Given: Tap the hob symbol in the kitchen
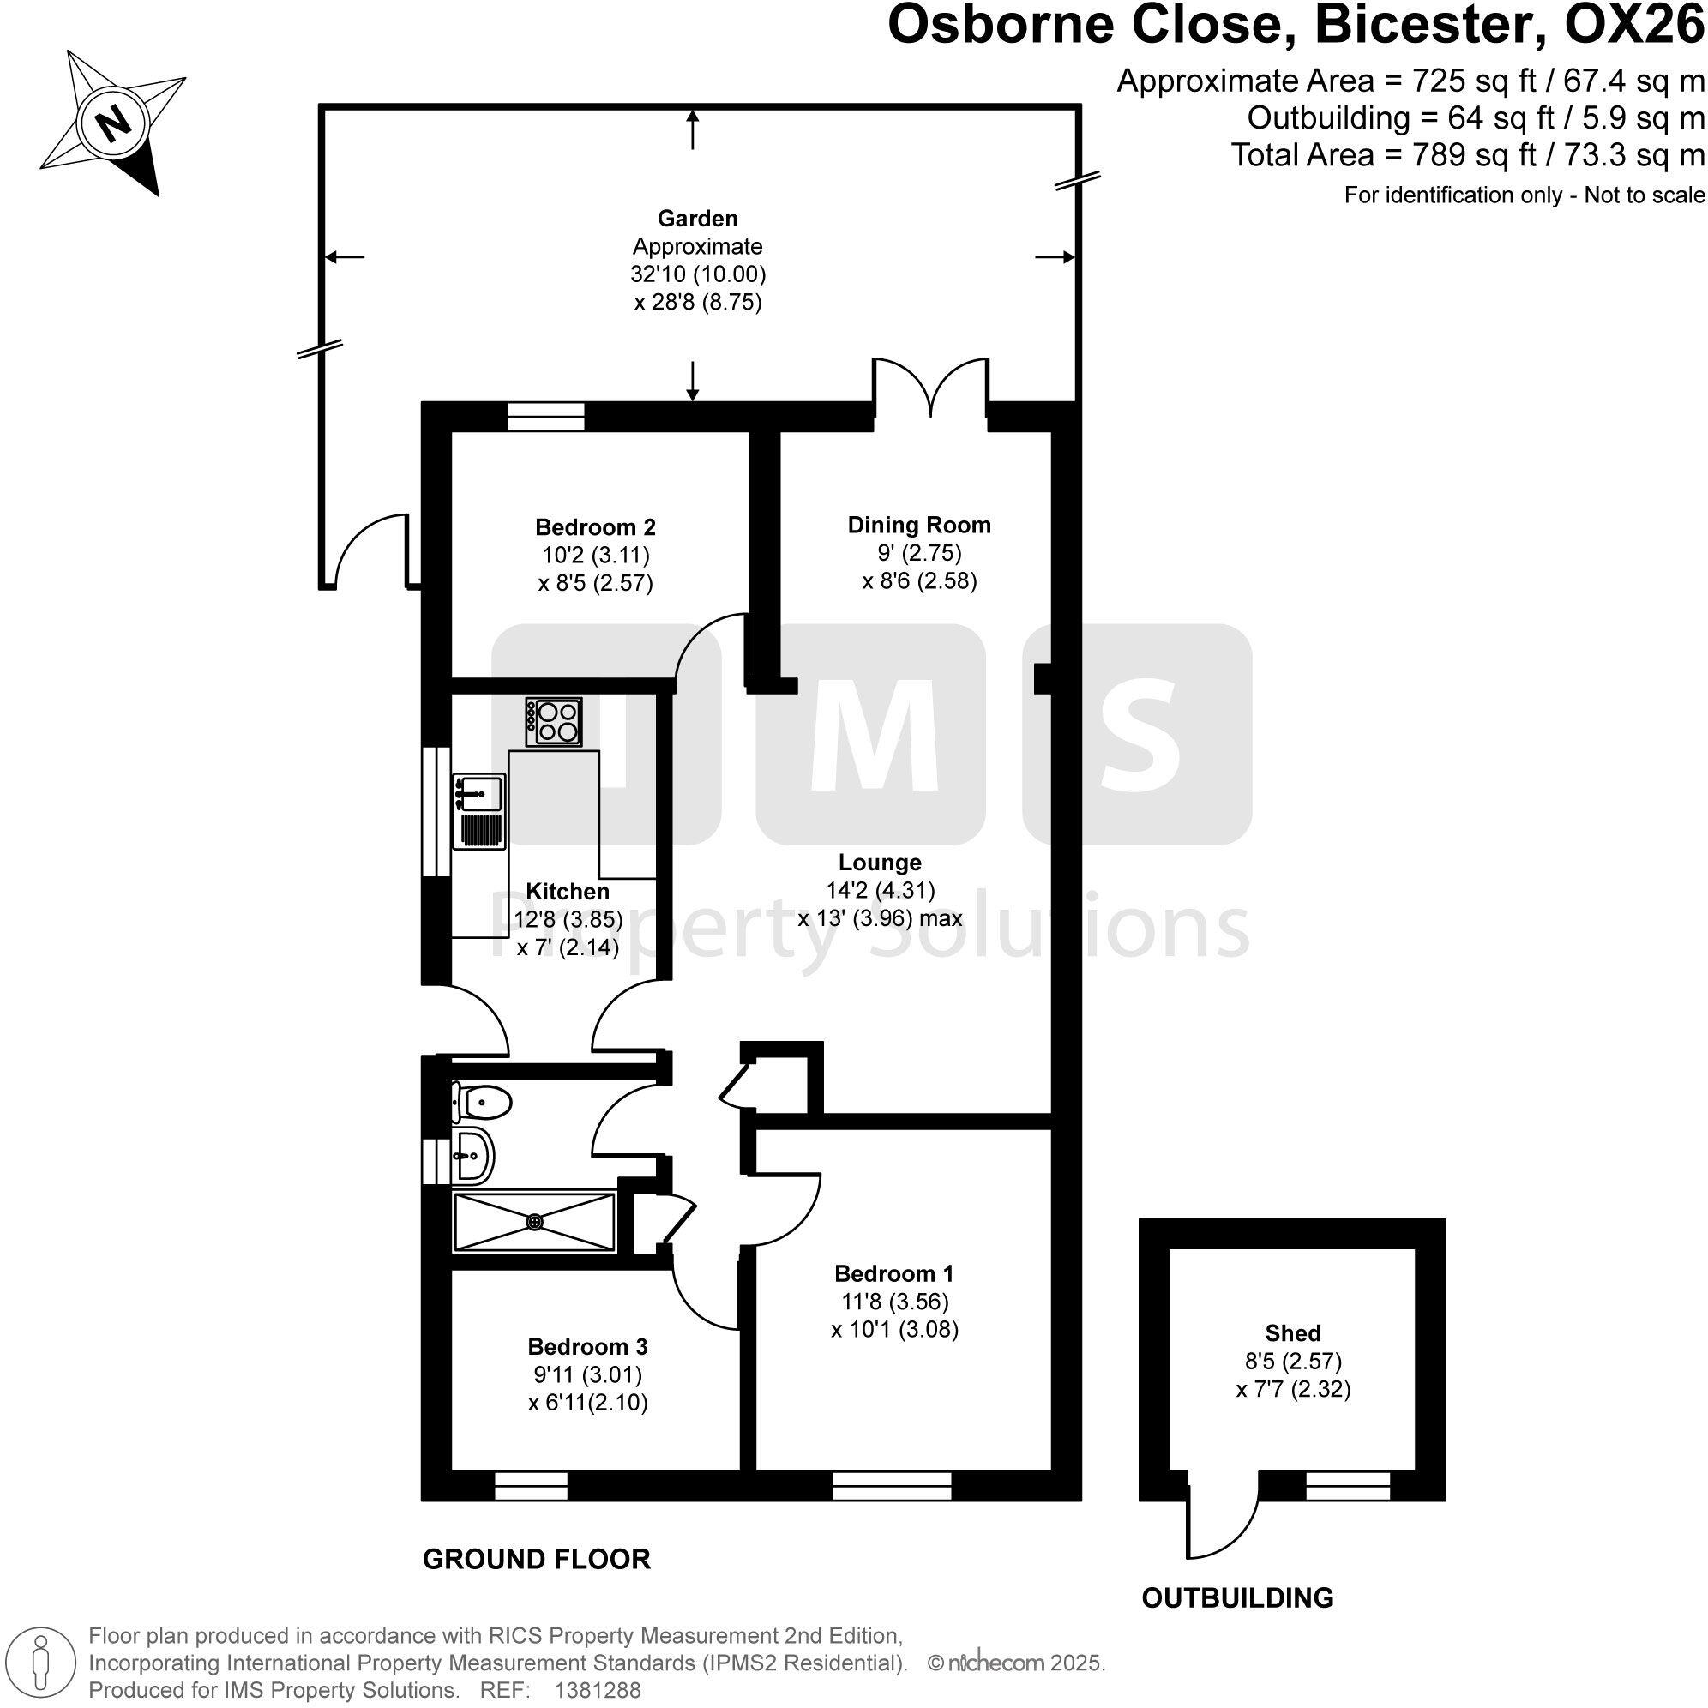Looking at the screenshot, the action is point(553,721).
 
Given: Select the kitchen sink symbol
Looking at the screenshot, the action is point(479,810).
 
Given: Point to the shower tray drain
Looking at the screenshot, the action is point(534,1222).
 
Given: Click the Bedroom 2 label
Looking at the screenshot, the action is point(595,528).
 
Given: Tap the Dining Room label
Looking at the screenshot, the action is point(918,525).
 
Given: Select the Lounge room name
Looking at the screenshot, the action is point(880,862).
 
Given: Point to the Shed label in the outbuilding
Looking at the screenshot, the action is point(1292,1333).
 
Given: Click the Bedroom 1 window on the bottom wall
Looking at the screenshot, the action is point(892,1486).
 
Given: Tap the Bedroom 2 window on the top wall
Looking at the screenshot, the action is point(545,416).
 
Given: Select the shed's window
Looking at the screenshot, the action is point(1348,1486).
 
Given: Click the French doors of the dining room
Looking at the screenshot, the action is point(930,389).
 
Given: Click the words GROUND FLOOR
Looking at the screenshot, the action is point(536,1559).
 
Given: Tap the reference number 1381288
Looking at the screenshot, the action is point(597,1690).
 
